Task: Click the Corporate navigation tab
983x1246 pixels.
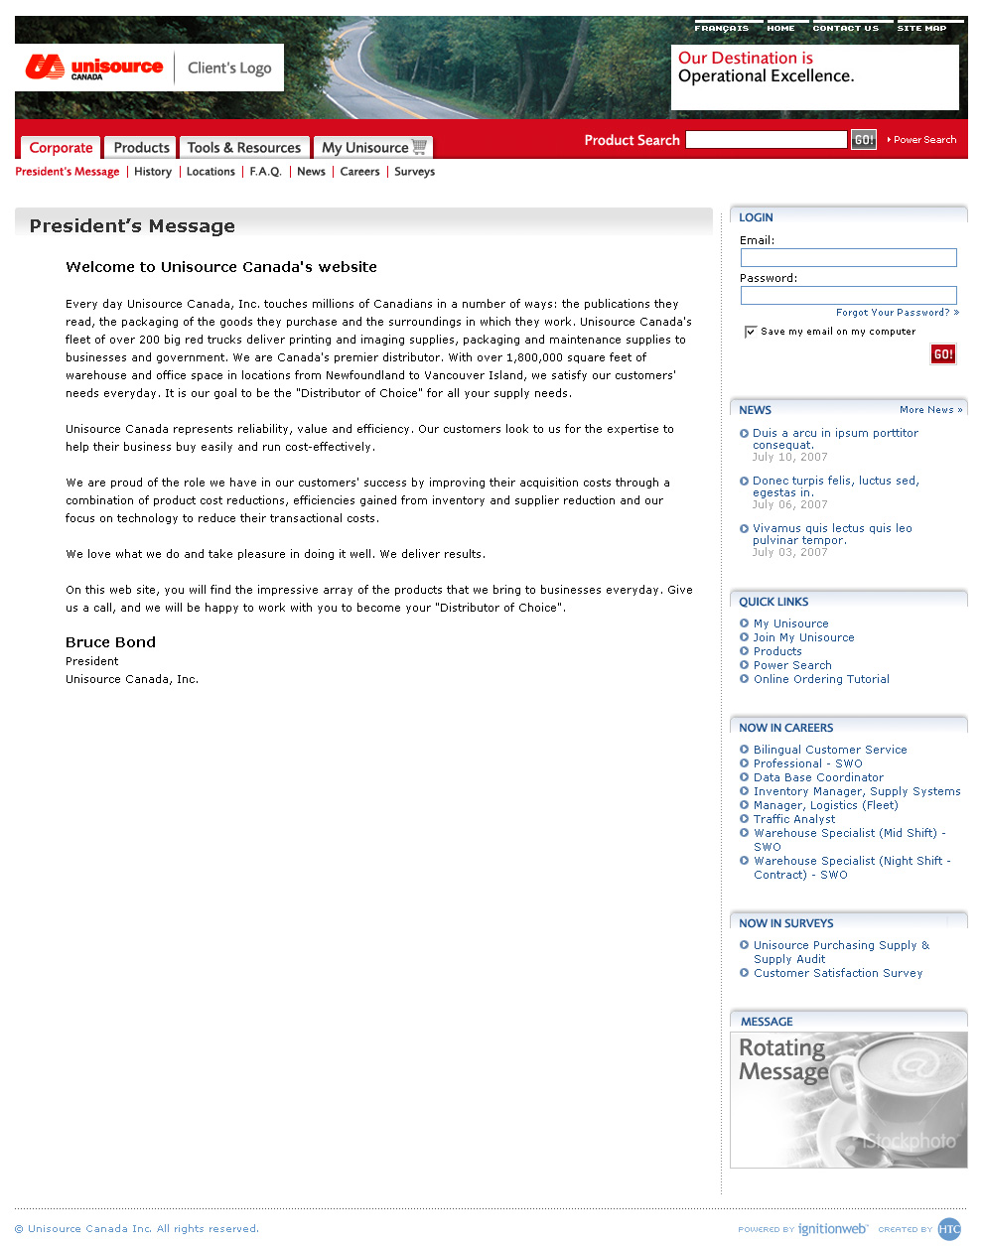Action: pos(61,148)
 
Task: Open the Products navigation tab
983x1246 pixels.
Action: pos(141,148)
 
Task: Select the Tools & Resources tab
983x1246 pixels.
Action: pos(243,148)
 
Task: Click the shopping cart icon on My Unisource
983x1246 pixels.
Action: pos(419,147)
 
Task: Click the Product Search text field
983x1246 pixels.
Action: pos(766,140)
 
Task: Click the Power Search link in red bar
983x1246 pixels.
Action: pos(924,140)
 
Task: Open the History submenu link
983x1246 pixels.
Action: pos(153,172)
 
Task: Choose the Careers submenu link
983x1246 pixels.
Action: pos(359,172)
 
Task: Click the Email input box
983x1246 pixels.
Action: pos(848,258)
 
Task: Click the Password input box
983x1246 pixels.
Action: pos(848,295)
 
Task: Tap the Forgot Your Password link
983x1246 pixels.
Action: pos(893,313)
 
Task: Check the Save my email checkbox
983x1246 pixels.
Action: pos(751,332)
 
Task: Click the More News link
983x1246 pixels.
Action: pos(930,410)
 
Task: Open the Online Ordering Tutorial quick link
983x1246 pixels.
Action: pos(821,679)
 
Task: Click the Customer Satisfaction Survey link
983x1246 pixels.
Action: pos(838,973)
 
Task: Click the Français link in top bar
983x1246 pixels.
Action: pos(722,29)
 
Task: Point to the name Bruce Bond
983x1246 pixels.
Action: pos(110,642)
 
